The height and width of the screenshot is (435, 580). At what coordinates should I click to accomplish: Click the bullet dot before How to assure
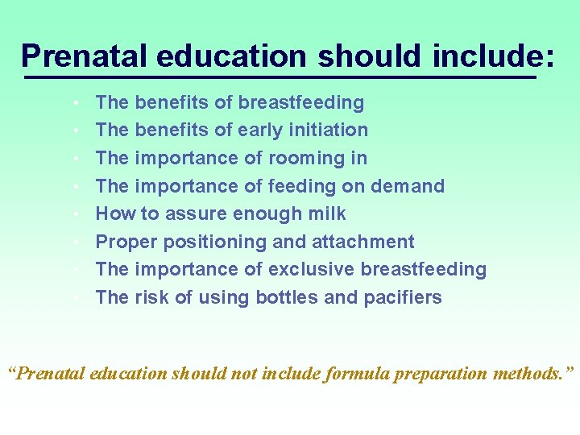click(74, 214)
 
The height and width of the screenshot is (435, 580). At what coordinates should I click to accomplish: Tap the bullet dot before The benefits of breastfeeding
click(74, 103)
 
